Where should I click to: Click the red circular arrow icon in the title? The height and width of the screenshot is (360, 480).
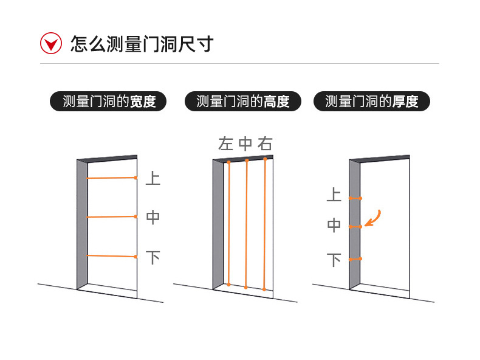[52, 44]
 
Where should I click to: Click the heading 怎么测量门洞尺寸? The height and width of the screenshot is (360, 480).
[142, 44]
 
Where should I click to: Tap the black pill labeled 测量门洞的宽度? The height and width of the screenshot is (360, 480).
[109, 102]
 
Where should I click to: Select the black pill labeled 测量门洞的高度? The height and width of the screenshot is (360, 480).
[242, 102]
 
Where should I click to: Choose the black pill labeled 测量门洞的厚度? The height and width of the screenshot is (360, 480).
[371, 102]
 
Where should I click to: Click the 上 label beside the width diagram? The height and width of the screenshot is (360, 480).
[153, 178]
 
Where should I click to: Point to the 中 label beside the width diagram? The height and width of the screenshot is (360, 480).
[153, 217]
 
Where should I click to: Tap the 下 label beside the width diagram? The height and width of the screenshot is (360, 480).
[153, 257]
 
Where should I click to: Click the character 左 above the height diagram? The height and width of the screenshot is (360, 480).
[226, 144]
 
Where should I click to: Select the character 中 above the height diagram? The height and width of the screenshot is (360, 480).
[245, 144]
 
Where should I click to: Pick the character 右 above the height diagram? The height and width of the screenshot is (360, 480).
[265, 144]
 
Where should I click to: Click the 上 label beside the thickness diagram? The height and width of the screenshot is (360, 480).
[334, 195]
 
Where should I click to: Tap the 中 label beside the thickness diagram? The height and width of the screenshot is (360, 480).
[334, 226]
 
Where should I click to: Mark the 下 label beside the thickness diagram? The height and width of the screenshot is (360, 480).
[334, 260]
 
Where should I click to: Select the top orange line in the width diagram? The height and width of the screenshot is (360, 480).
[111, 178]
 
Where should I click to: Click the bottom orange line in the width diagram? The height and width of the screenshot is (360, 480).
[111, 256]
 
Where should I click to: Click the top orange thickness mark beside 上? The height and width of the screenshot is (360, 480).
[355, 198]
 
